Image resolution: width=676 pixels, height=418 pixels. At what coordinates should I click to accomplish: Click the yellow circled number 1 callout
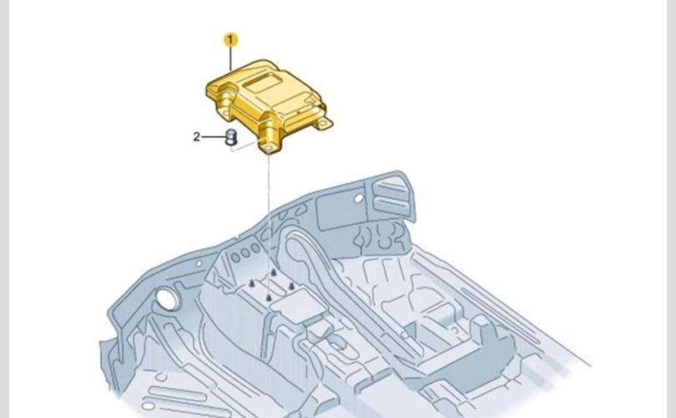click(230, 40)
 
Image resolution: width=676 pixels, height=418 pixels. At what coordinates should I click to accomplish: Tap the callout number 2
click(197, 137)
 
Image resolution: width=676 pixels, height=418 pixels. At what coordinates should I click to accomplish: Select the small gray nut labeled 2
click(232, 137)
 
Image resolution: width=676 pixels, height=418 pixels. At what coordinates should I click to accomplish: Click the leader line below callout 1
click(230, 59)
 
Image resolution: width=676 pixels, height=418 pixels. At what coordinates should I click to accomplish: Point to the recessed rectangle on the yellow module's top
click(263, 82)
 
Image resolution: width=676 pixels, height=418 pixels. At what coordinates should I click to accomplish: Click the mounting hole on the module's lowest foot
click(269, 149)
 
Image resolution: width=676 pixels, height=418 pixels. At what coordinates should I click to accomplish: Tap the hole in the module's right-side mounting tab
click(322, 124)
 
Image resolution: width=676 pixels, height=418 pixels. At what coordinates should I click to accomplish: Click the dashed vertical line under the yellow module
click(269, 225)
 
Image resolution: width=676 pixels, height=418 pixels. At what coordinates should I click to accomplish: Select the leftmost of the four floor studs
click(252, 283)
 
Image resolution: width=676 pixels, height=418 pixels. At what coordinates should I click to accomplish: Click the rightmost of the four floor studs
click(291, 286)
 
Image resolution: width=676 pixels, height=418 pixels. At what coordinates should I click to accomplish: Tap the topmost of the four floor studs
click(274, 273)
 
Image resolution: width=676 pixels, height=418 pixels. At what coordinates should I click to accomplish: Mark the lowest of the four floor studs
click(269, 298)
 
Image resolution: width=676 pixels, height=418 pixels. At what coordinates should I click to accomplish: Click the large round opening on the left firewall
click(167, 299)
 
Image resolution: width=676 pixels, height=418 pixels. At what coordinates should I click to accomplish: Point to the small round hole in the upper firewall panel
click(359, 199)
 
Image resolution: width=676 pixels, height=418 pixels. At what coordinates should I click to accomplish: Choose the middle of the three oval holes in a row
click(245, 253)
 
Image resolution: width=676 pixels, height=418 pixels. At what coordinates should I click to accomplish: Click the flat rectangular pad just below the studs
click(297, 306)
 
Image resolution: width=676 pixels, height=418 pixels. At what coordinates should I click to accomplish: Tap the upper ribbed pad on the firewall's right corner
click(391, 186)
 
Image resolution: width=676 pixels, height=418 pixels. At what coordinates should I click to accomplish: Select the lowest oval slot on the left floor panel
click(149, 406)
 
